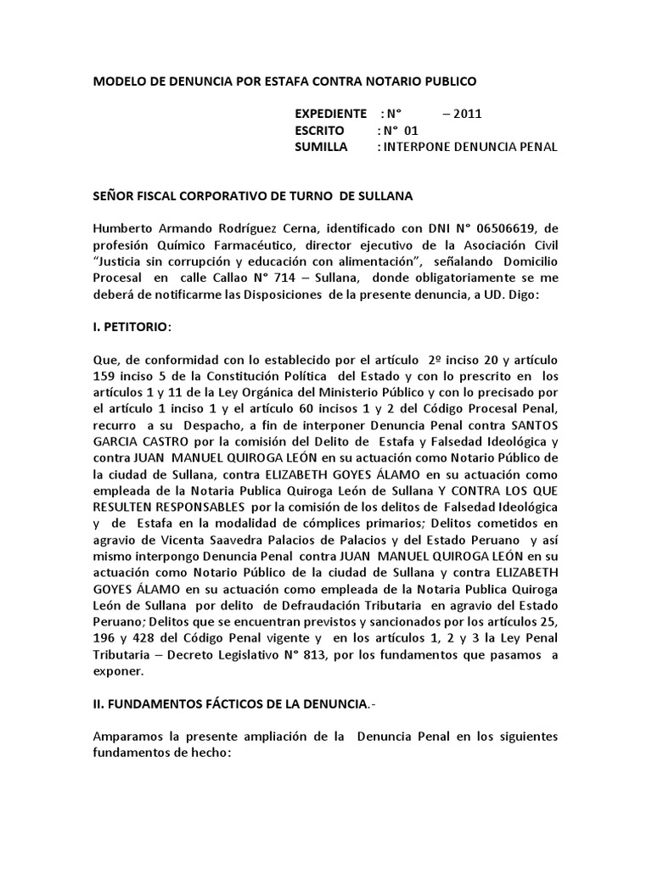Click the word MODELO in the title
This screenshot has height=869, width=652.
coord(118,81)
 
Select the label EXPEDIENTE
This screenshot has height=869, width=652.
coord(330,114)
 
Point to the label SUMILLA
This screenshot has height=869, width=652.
coord(321,147)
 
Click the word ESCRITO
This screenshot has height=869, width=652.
coord(319,131)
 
